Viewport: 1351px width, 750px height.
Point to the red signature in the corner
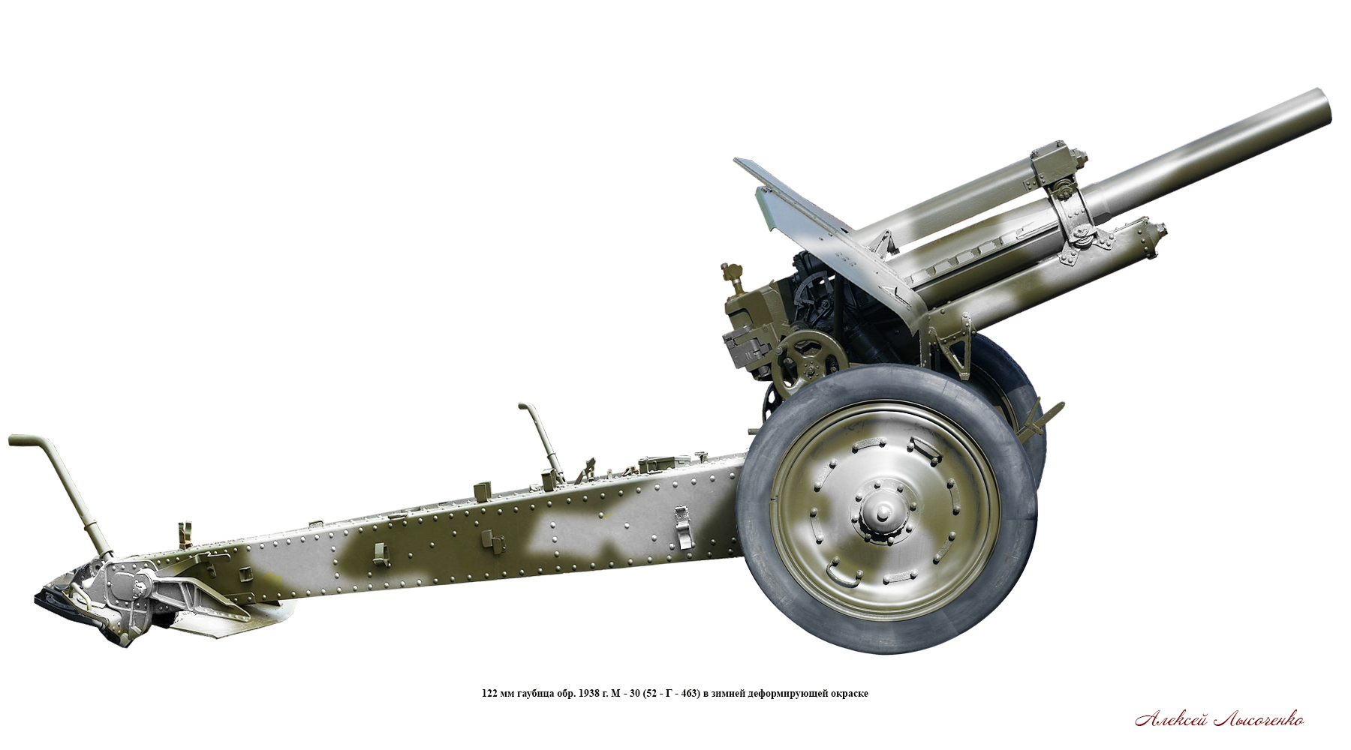pyautogui.click(x=1219, y=720)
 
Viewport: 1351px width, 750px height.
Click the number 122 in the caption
pyautogui.click(x=489, y=693)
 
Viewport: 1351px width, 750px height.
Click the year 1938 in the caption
pyautogui.click(x=588, y=693)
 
